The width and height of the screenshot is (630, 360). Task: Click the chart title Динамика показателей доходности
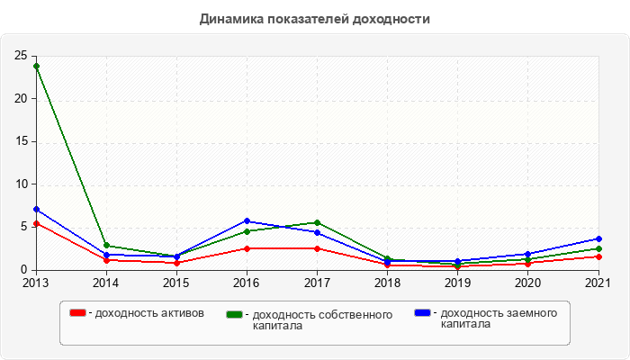pos(315,18)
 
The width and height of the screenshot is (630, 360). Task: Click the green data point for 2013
pos(36,66)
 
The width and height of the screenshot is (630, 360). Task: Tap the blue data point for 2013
pos(36,209)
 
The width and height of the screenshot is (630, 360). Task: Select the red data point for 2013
pos(36,223)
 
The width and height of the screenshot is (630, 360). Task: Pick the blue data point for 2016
pos(247,220)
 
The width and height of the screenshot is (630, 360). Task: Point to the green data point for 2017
pos(317,222)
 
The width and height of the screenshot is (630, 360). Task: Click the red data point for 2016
pos(247,248)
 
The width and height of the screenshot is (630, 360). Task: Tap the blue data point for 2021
pos(598,238)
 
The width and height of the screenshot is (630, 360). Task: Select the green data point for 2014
pos(106,245)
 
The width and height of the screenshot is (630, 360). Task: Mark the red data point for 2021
pos(598,256)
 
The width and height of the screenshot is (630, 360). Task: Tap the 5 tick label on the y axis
pos(24,227)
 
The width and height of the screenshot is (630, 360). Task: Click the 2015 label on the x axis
pos(176,283)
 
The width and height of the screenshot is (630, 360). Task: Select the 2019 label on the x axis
pos(457,283)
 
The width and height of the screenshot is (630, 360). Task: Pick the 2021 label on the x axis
pos(598,283)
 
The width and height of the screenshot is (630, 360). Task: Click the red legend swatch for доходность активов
pos(78,312)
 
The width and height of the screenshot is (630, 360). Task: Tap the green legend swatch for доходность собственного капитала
pos(235,314)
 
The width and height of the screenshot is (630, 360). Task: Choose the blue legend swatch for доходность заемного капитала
pos(422,312)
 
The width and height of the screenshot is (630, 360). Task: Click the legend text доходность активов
pos(148,313)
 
